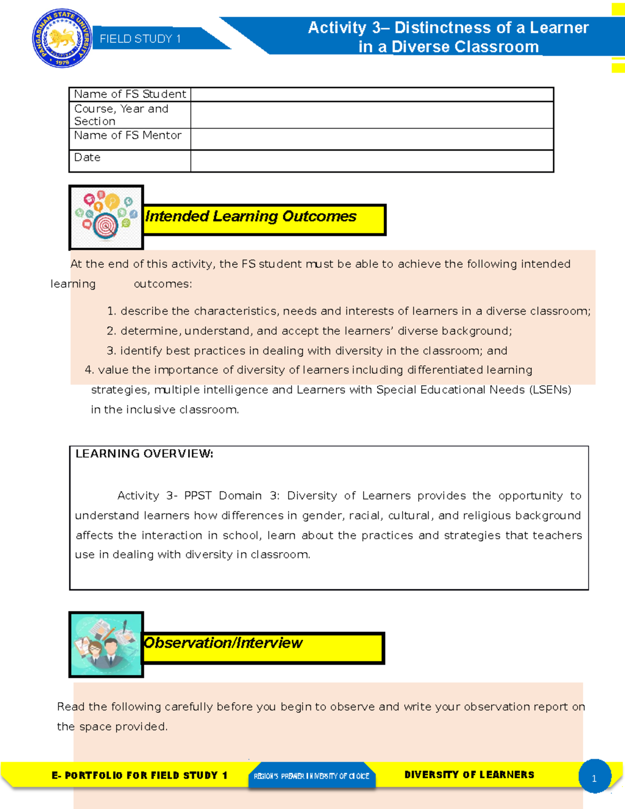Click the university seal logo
coord(62,38)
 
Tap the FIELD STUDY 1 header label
coord(140,39)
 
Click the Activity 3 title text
coord(448,36)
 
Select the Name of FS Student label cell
coord(130,94)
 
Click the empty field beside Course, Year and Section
coord(371,115)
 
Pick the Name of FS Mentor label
coord(128,135)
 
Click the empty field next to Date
coord(371,161)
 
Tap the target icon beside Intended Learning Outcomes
coord(106,217)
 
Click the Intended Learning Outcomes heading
coord(251,216)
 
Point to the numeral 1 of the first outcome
coord(110,312)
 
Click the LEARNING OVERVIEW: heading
coord(144,454)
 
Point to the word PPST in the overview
coord(198,496)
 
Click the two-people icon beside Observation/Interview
coord(106,644)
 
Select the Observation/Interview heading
coord(223,643)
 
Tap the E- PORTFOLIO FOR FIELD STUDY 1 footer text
coord(140,776)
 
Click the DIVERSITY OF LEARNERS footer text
coord(469,775)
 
